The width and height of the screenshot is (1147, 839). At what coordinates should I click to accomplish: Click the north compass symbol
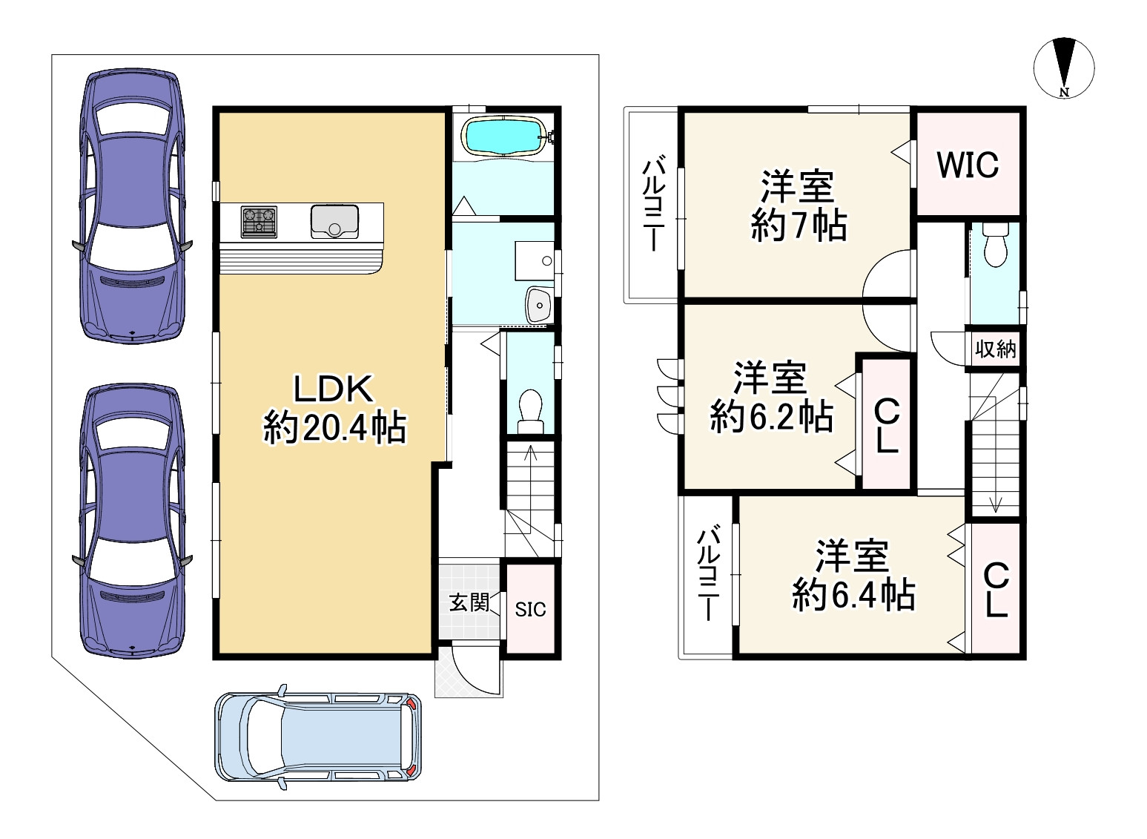pos(1064,68)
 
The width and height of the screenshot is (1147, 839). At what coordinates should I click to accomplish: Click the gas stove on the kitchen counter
pos(259,222)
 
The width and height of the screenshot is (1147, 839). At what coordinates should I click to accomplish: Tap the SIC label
pos(530,609)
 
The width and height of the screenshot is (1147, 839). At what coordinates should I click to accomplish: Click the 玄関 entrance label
pos(469,602)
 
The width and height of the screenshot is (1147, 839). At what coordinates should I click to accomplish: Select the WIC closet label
pos(968,165)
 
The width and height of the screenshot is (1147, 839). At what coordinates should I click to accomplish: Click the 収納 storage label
pos(995,349)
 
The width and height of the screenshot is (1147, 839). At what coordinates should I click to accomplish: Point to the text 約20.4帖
pos(334,428)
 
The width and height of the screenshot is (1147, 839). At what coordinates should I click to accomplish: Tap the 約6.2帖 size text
pos(771,417)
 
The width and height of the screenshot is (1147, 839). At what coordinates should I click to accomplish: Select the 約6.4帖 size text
pos(853,595)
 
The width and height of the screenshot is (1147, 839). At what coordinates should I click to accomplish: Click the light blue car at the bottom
pos(318,737)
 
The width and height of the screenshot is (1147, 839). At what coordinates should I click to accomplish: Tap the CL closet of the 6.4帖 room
pos(996,590)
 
